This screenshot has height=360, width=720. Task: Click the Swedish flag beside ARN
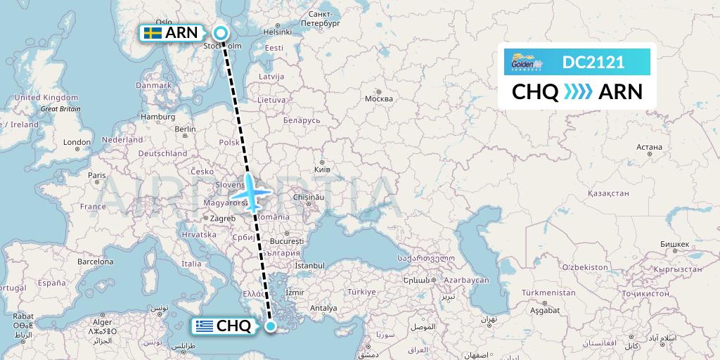152,32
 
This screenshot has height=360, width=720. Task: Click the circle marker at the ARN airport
221,32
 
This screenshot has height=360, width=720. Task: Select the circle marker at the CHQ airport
271,326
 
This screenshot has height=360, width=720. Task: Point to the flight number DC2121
593,63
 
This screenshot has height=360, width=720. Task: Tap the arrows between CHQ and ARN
578,91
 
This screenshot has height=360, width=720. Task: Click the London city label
77,142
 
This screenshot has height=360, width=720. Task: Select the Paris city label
96,175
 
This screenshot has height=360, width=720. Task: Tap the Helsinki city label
276,32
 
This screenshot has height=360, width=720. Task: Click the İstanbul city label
309,265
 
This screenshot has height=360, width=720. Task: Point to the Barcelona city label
96,261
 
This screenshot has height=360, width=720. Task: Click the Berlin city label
185,129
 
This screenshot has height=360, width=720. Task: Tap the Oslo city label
163,22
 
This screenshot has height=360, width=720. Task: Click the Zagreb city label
223,218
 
